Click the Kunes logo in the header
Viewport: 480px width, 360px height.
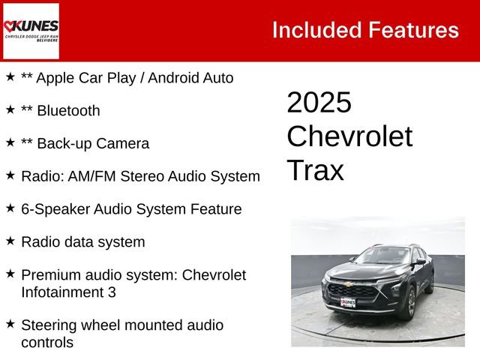click(31, 31)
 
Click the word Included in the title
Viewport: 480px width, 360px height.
click(315, 30)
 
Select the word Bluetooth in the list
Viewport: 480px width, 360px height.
click(68, 111)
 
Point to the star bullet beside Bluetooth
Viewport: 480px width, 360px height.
click(10, 109)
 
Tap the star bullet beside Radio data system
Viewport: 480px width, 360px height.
click(10, 241)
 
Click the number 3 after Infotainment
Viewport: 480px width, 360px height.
click(112, 292)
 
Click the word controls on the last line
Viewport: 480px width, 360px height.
click(47, 343)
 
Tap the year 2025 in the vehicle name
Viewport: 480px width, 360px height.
click(319, 103)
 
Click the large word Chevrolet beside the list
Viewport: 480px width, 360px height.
click(349, 136)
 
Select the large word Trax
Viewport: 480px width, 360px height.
click(315, 171)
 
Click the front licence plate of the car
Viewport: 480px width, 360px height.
click(348, 303)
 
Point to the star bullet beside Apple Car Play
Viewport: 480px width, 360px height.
click(10, 76)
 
